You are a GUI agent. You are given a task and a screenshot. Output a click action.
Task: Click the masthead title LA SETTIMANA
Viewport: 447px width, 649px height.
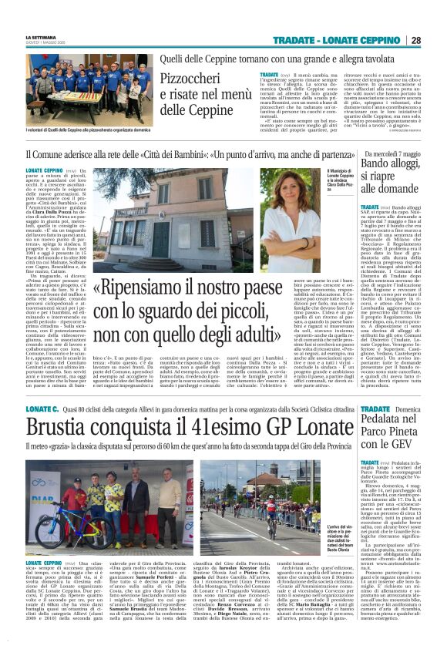coord(41,37)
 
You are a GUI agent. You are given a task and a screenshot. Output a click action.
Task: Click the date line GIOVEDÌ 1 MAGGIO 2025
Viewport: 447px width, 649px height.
coord(47,43)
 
